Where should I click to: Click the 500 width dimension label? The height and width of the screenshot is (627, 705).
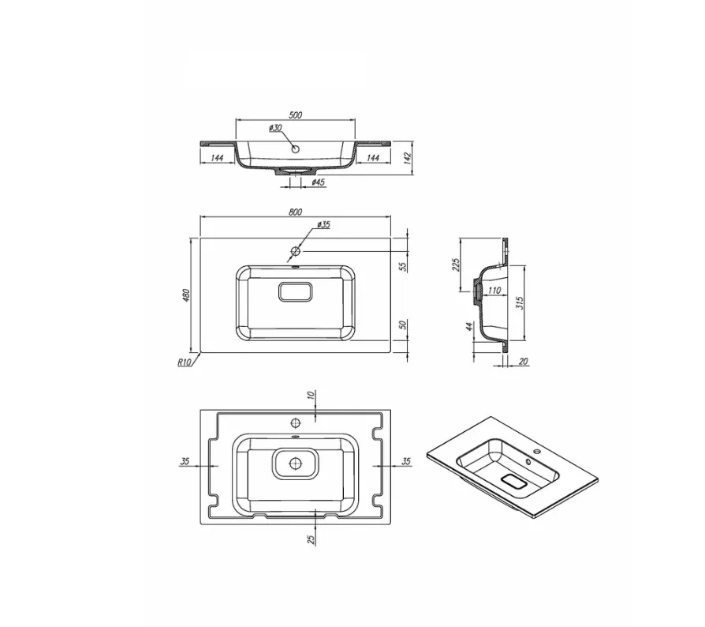295,115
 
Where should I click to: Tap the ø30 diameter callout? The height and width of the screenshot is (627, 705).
275,128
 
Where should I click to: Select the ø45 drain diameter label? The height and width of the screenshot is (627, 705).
319,182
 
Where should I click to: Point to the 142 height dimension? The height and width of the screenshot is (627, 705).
408,157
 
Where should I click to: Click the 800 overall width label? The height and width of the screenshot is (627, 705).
295,212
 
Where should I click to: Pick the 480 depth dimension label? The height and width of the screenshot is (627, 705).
187,295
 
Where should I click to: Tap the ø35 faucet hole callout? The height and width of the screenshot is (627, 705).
323,224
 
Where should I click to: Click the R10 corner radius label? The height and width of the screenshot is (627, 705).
185,362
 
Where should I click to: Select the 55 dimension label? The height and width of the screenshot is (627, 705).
404,266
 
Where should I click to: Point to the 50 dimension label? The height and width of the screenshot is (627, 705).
404,324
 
